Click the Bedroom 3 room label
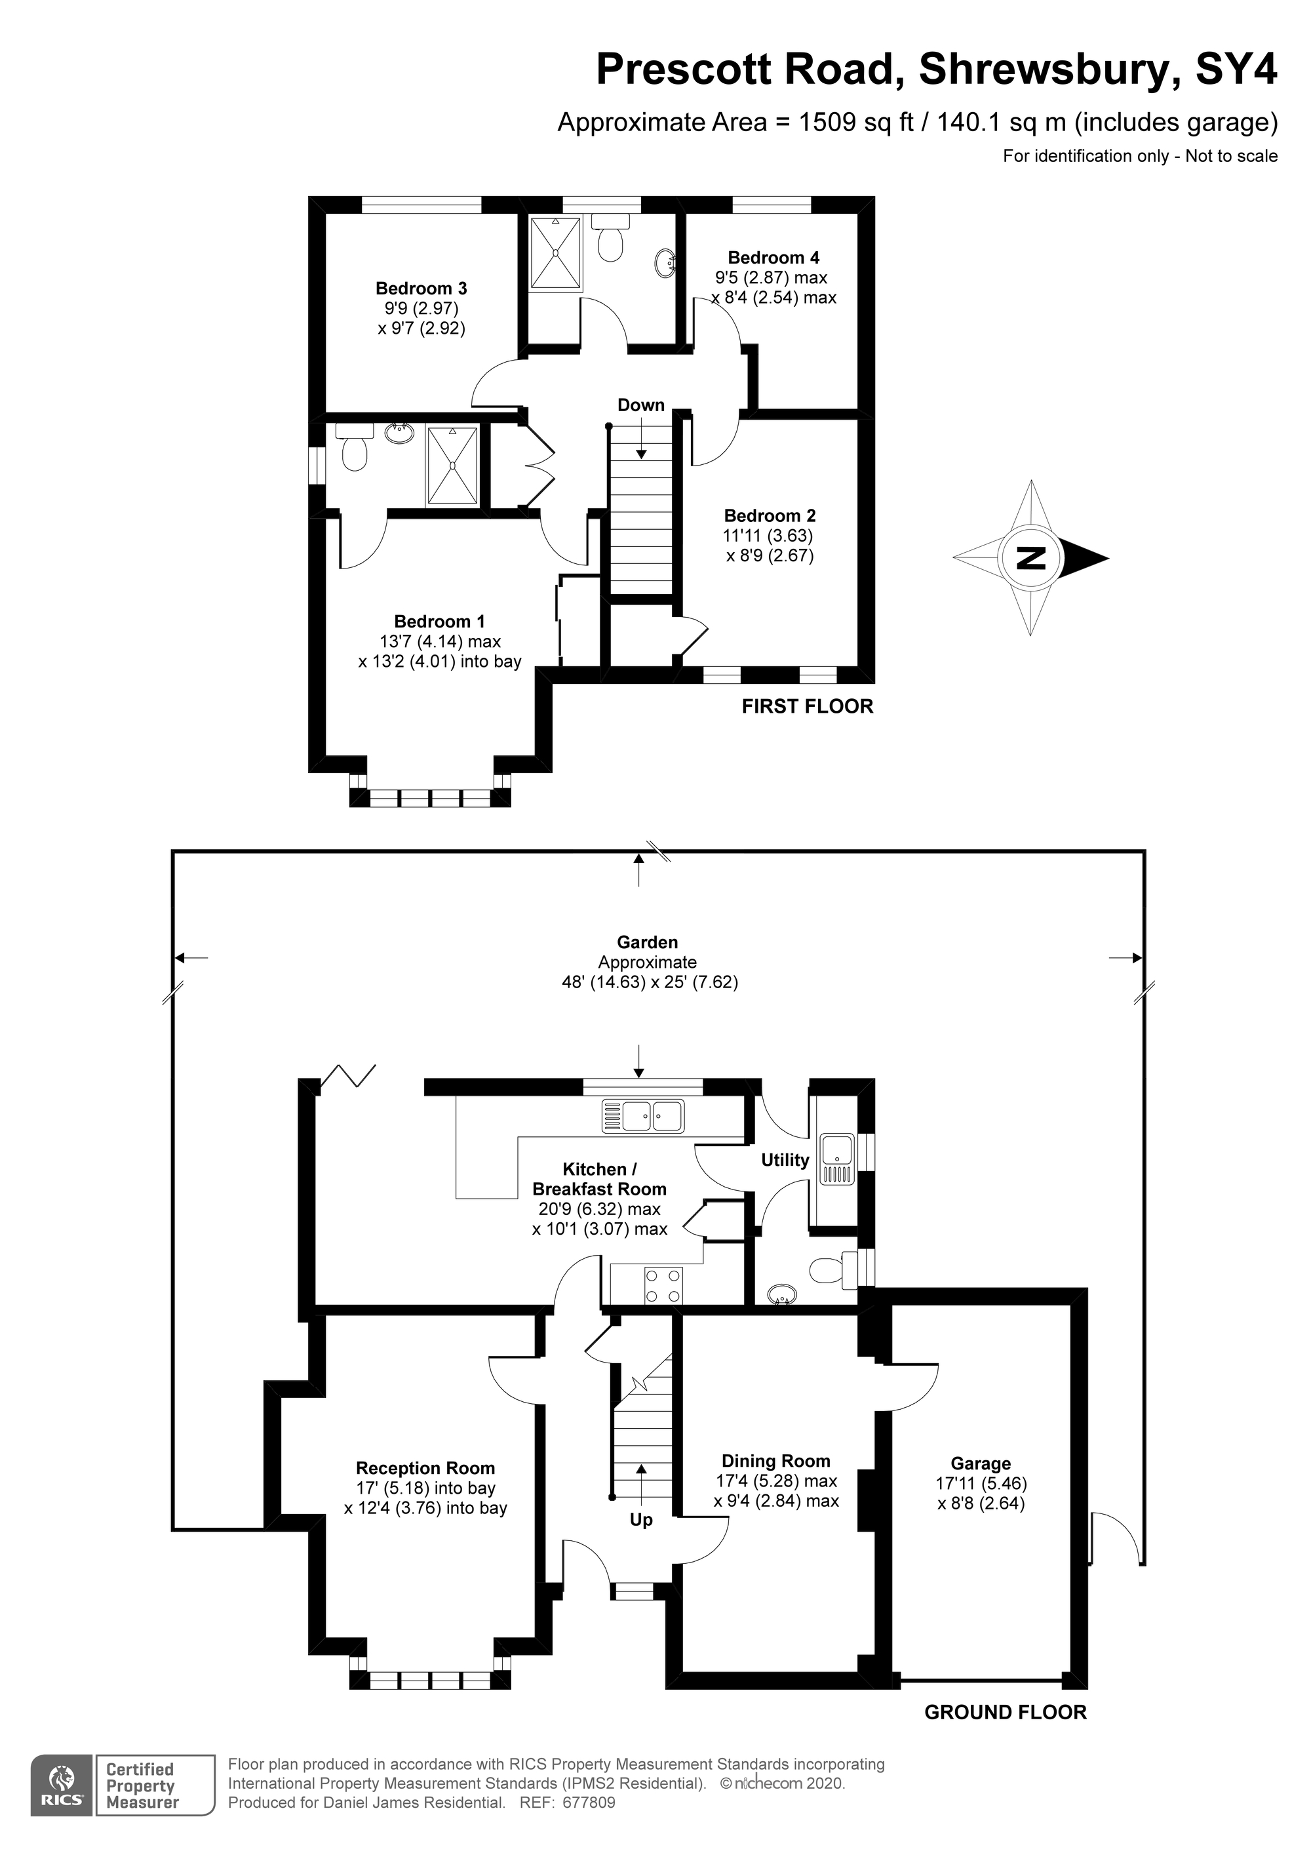click(421, 289)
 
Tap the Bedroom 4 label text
click(773, 258)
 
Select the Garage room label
click(980, 1463)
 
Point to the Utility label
click(785, 1160)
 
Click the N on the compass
click(1030, 558)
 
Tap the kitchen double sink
click(642, 1117)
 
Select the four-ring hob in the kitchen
click(663, 1285)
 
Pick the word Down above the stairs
click(640, 405)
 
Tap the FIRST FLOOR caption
click(807, 707)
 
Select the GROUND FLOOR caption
click(1005, 1713)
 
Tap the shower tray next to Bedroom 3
click(556, 253)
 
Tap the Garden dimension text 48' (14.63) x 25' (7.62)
click(650, 982)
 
